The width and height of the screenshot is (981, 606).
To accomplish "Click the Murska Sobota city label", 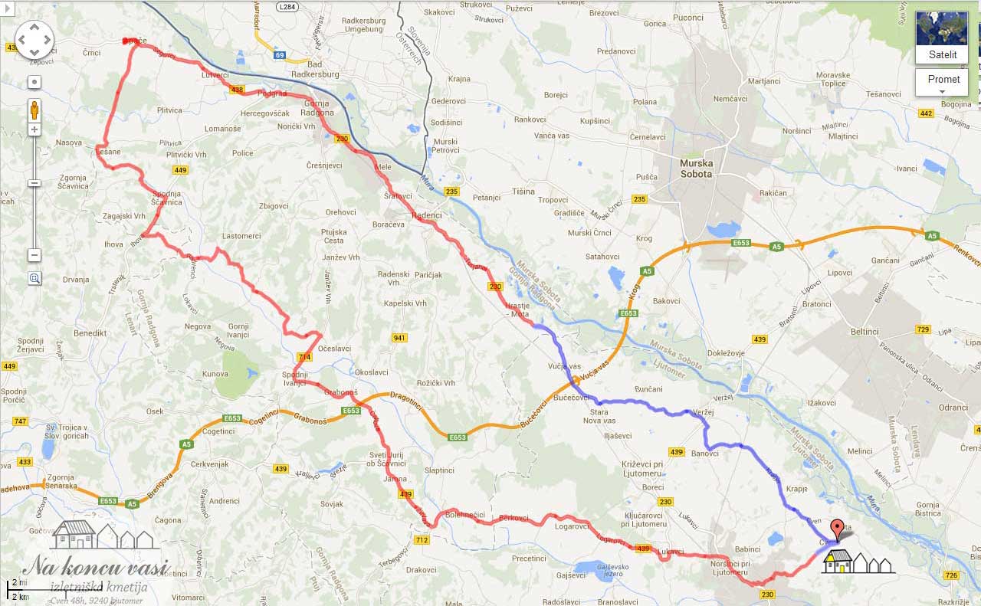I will click(x=696, y=169).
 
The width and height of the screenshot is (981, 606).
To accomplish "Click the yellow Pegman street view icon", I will click(x=34, y=110).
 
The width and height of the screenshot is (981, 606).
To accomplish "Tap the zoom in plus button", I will click(x=34, y=129).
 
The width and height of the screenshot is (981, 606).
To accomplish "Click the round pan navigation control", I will click(x=34, y=40).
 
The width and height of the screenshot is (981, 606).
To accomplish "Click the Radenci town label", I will click(x=427, y=215).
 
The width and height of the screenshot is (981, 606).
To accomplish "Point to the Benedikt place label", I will click(x=90, y=334).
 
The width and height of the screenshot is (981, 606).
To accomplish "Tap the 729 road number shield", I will click(x=923, y=330).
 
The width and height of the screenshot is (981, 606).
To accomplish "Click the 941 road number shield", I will click(x=399, y=338).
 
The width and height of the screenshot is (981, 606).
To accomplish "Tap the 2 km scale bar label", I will click(x=19, y=596).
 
